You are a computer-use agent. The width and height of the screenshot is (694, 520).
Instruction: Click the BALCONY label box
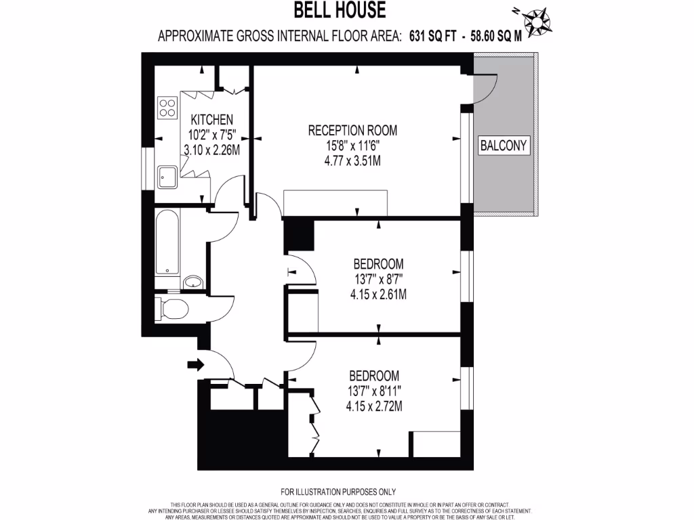coord(503,145)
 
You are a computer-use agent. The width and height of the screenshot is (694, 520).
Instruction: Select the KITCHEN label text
coord(211,119)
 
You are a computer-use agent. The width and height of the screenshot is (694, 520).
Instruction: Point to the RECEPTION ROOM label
coord(352,130)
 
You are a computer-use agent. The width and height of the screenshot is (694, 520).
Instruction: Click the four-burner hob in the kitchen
coord(167,106)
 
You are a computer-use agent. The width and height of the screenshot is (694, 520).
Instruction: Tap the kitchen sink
coord(167,177)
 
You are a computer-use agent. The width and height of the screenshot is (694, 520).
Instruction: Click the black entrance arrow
coord(195,364)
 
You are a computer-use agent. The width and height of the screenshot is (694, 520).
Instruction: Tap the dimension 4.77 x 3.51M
coord(352,161)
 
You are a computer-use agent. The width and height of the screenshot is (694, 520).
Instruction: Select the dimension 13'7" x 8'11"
coord(374,391)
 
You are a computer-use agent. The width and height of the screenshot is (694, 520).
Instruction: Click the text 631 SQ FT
coord(432,36)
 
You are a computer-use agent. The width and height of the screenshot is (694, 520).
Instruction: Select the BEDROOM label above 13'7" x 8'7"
coord(379,263)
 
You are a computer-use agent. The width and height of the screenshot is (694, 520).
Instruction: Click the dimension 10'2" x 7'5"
coord(211,135)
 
